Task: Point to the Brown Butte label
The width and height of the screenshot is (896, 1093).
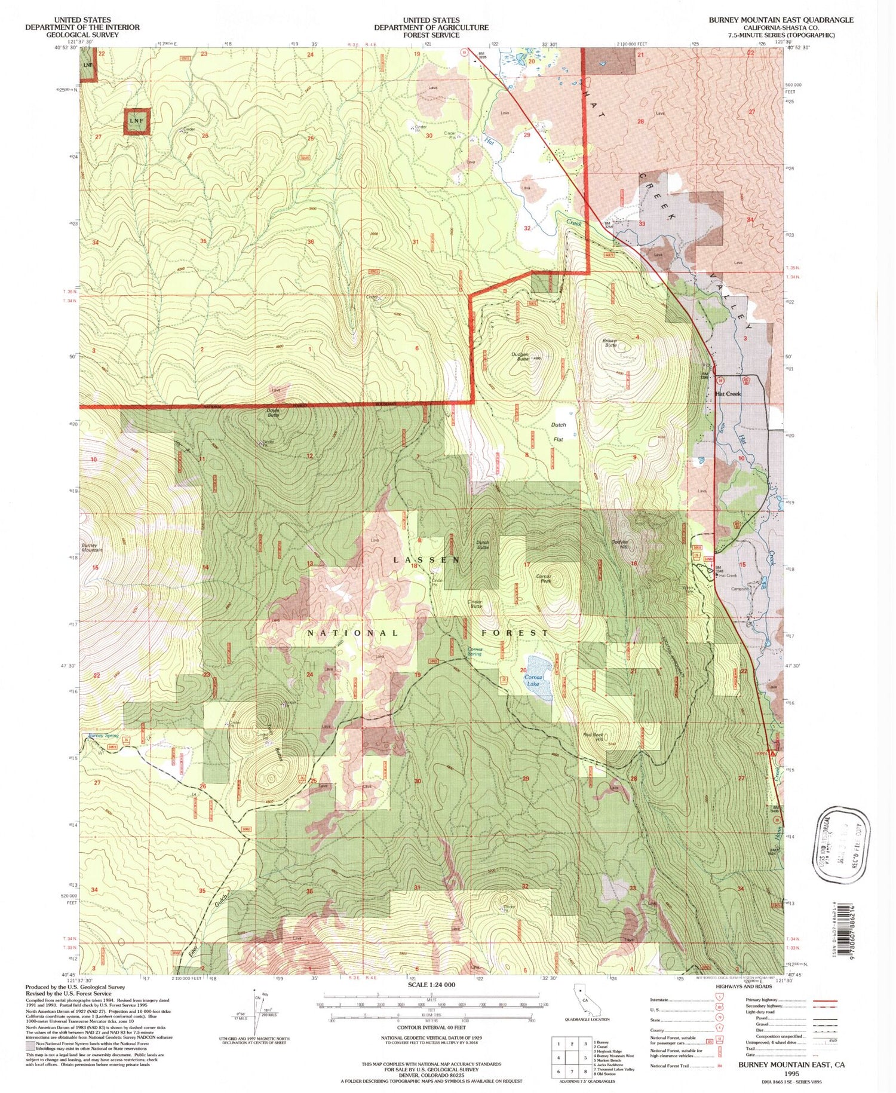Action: [x=610, y=343]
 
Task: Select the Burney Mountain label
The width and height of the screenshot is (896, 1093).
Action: [x=93, y=547]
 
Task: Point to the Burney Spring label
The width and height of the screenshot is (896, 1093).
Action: [x=103, y=736]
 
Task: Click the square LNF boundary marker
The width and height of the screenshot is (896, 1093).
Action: [x=137, y=121]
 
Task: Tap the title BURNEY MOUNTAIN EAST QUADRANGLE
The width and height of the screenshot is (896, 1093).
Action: [x=781, y=20]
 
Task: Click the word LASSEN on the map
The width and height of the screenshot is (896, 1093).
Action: [x=426, y=559]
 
